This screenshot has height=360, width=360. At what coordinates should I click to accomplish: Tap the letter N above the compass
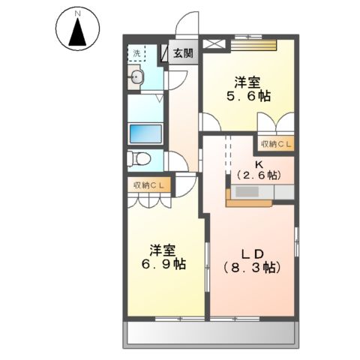75,13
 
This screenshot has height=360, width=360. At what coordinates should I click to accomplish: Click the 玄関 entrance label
183,53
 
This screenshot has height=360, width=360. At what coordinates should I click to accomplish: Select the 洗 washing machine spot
136,53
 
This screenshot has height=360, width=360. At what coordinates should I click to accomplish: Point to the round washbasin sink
136,76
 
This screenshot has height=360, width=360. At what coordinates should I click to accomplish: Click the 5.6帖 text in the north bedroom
249,96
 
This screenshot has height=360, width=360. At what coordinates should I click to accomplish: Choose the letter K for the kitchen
258,163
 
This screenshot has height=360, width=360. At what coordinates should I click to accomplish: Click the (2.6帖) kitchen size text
258,175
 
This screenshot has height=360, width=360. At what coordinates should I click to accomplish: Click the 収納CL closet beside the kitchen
277,143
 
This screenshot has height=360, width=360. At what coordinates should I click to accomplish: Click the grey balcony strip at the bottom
210,331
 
